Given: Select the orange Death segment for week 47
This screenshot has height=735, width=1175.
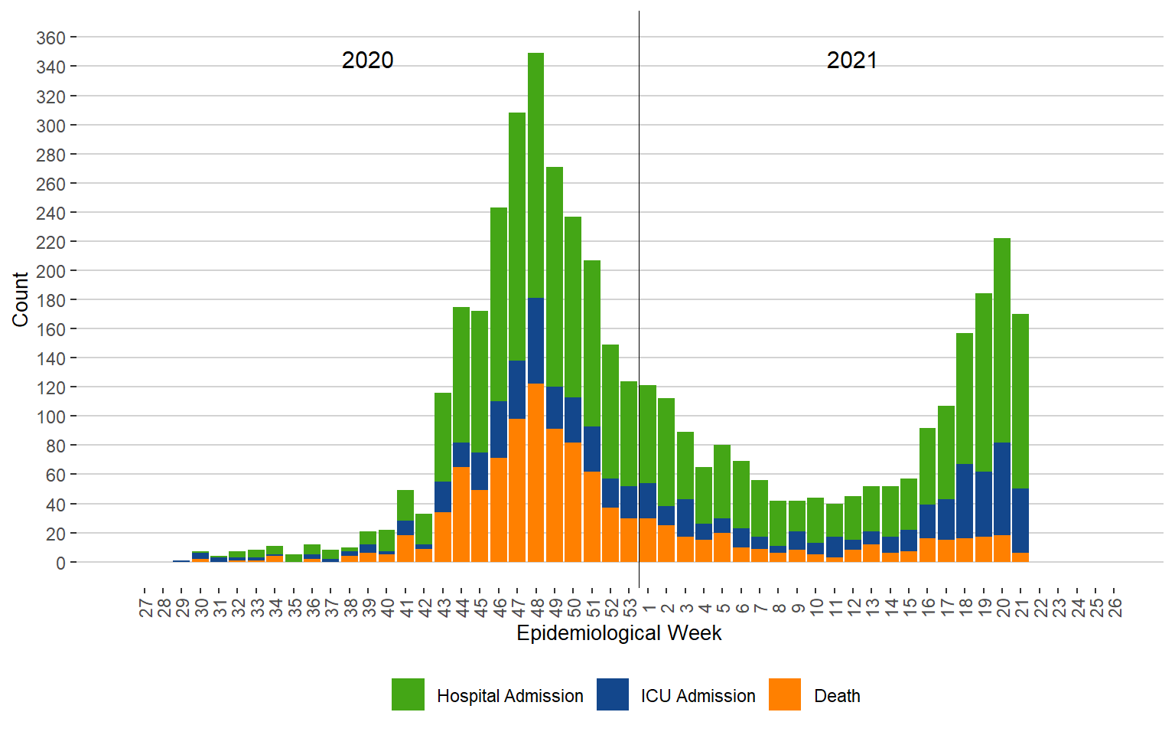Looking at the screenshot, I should pyautogui.click(x=517, y=490).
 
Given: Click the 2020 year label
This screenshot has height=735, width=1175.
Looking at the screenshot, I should pyautogui.click(x=367, y=60).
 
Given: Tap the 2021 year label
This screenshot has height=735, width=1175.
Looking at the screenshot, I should pyautogui.click(x=851, y=60).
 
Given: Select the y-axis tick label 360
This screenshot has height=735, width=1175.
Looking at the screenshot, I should pyautogui.click(x=50, y=38).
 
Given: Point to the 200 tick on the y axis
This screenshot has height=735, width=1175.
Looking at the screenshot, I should pyautogui.click(x=50, y=272).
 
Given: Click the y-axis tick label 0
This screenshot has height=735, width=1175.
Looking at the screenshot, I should pyautogui.click(x=60, y=563).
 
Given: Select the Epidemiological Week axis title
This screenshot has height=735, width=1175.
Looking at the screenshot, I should pyautogui.click(x=619, y=633).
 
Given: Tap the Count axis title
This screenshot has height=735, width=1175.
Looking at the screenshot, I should pyautogui.click(x=20, y=299).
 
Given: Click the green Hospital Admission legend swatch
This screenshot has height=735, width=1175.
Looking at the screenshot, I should pyautogui.click(x=408, y=694).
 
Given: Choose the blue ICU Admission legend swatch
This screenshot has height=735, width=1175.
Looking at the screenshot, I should pyautogui.click(x=613, y=694).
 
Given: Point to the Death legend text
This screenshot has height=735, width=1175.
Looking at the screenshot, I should pyautogui.click(x=837, y=696).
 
